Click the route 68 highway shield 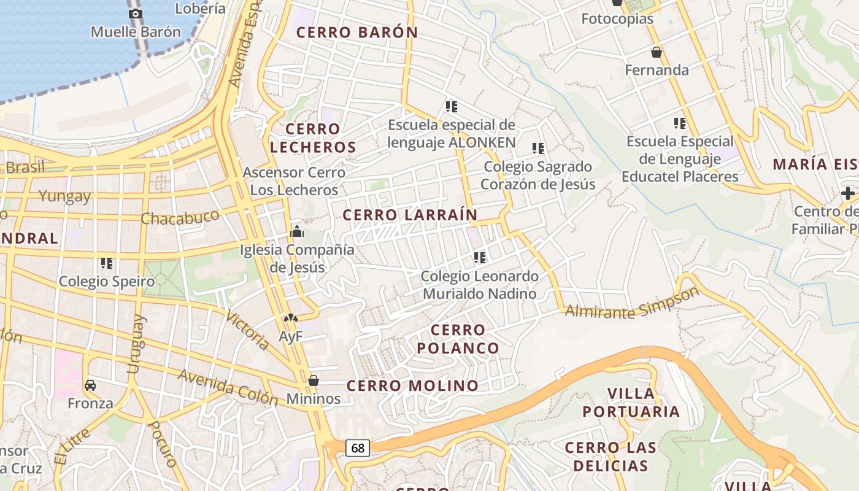[358, 448]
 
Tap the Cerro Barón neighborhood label [357, 33]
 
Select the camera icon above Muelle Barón [136, 14]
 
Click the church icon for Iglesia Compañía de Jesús [297, 231]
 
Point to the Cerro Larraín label [410, 215]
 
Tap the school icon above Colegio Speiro [107, 263]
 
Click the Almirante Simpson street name [632, 304]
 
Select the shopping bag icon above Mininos [314, 381]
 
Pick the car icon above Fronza [90, 385]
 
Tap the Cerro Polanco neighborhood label [458, 339]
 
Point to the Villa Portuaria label [631, 403]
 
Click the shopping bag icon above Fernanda [657, 52]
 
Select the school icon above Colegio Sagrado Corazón [538, 149]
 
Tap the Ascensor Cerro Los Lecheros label [293, 181]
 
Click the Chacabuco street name [180, 217]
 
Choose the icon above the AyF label [290, 319]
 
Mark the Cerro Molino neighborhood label [412, 386]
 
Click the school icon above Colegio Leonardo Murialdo [480, 258]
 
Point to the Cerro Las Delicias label [611, 457]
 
